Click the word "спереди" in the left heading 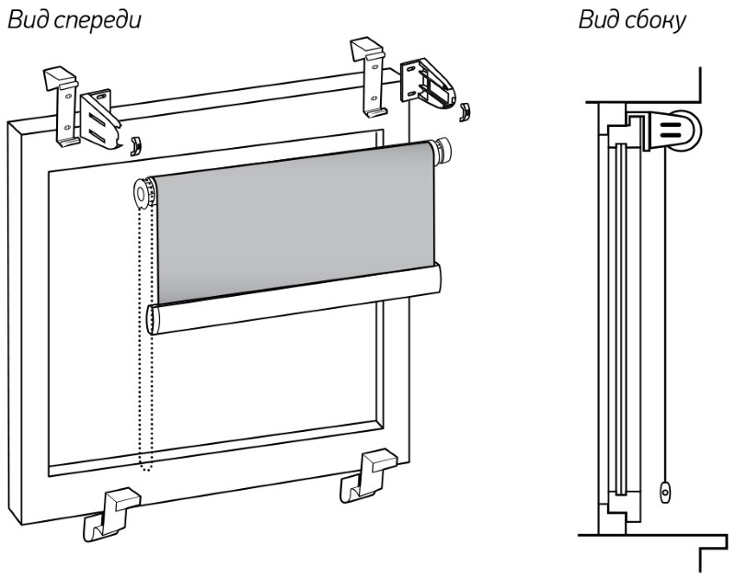pos(97,19)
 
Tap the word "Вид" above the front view pos(28,19)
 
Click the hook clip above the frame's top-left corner pos(65,100)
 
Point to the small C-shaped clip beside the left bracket pos(135,144)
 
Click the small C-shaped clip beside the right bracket pos(465,111)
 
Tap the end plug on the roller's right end pos(444,150)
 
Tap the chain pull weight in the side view pos(664,493)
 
